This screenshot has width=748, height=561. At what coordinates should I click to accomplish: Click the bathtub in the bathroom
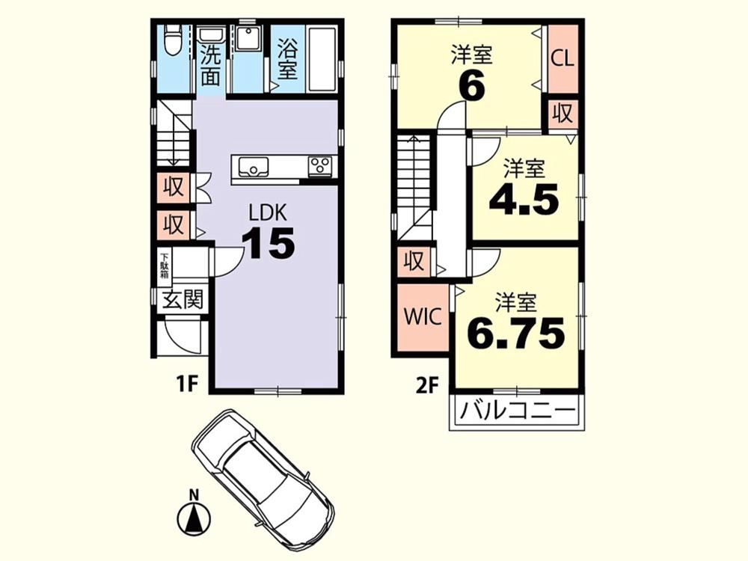tap(322, 59)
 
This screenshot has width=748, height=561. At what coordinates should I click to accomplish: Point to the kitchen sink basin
tap(254, 167)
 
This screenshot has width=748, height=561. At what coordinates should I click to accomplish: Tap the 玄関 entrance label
tap(183, 300)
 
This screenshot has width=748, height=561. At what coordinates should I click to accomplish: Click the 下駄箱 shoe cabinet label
tap(165, 266)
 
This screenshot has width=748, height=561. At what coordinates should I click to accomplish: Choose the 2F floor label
tap(427, 385)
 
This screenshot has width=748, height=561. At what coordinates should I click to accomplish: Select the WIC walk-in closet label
tap(423, 316)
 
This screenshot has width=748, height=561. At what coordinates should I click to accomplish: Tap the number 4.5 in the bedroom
tap(524, 200)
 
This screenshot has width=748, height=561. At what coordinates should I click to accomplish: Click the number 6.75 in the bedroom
tap(516, 333)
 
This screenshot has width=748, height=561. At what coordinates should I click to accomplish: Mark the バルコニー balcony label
tap(517, 411)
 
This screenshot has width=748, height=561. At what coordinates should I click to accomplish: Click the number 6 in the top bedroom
tap(472, 86)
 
